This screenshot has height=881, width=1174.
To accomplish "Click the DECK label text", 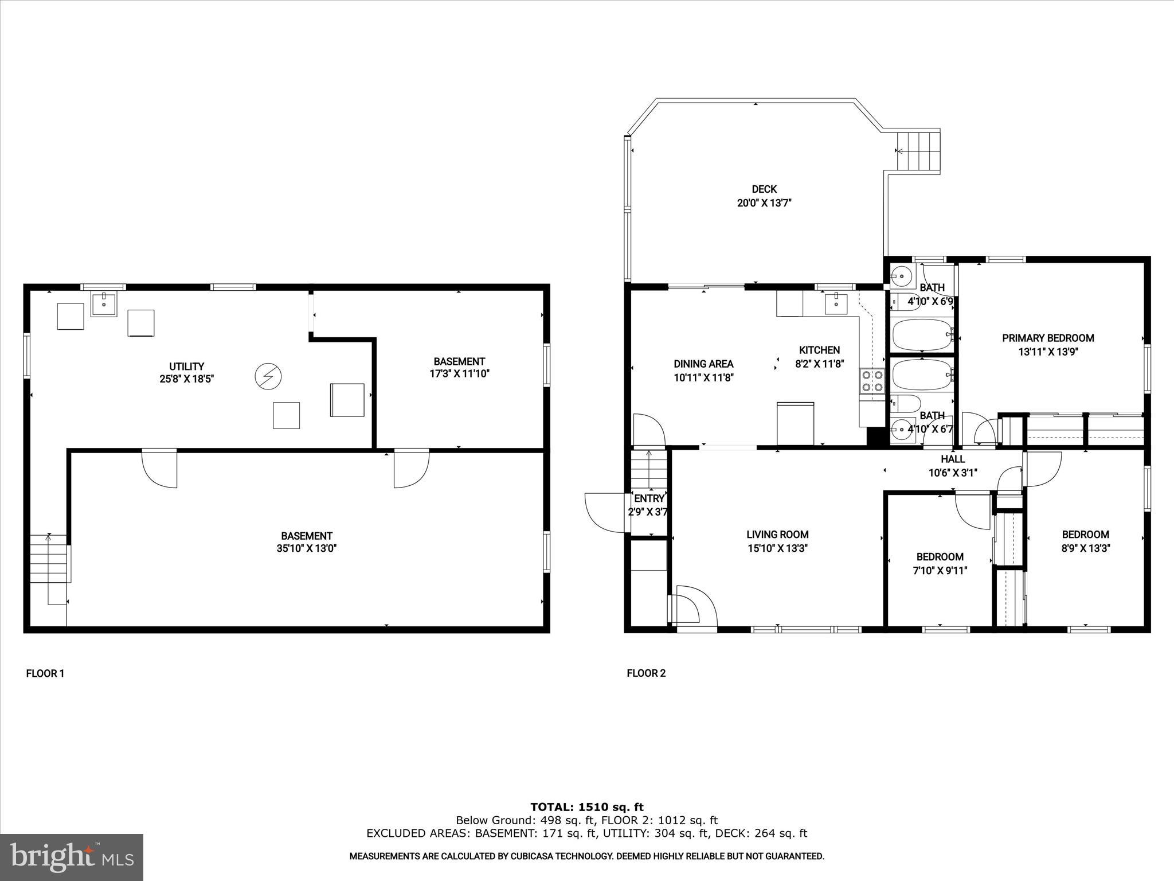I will tap(764, 189).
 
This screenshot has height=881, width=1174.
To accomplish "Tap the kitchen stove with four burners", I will tap(871, 381).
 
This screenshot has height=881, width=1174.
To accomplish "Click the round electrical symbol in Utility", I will tap(268, 376).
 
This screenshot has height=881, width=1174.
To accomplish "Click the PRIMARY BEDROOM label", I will tap(1048, 338).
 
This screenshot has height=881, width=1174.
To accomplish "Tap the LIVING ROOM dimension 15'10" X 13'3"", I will tap(777, 548).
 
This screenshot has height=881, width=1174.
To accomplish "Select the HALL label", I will tap(953, 459).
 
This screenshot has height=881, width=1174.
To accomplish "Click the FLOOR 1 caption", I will tap(45, 673).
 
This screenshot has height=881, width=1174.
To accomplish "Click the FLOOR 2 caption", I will tap(646, 673).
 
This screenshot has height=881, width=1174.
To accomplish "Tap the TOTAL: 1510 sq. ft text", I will tap(587, 808).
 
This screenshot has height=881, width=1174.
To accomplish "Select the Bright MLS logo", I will tap(72, 857).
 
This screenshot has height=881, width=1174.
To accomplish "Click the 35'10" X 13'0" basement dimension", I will tap(306, 548).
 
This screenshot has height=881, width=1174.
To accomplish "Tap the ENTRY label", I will tap(649, 498).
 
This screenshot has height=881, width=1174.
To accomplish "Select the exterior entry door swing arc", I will tap(602, 512).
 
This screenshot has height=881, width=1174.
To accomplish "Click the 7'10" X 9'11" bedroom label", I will tap(940, 571).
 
